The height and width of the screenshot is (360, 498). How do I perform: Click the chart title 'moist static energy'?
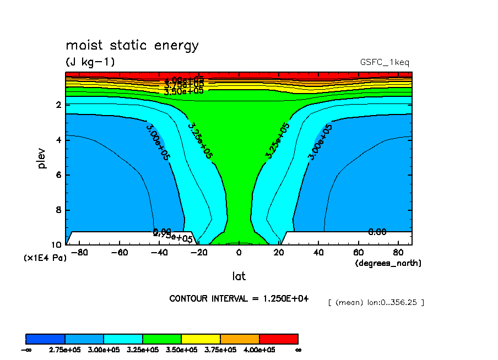pos(132,46)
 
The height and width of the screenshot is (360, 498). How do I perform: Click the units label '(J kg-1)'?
pos(90,62)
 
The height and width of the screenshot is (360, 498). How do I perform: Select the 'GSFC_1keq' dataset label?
pos(384,63)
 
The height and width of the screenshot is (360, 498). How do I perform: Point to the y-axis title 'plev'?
pos(43,158)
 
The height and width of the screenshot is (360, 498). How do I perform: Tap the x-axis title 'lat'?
pos(239,276)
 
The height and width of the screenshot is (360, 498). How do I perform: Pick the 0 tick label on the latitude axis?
pos(239,253)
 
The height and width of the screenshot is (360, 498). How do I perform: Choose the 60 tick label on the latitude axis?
pos(358,253)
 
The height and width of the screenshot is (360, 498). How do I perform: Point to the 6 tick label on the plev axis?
pos(58,175)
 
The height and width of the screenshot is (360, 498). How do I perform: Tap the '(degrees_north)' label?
pos(388,263)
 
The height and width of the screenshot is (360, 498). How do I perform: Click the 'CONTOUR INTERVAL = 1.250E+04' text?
pos(239,298)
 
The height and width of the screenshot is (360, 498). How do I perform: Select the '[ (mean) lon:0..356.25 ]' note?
pos(376,303)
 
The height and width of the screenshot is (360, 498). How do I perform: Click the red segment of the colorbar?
pos(278,339)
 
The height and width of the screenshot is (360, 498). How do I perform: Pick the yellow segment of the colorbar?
pos(201,339)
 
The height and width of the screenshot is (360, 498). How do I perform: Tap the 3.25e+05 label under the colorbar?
pos(142,350)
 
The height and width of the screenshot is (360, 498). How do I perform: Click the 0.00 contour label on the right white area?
pos(377,232)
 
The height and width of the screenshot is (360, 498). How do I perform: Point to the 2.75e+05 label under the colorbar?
pos(64,350)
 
